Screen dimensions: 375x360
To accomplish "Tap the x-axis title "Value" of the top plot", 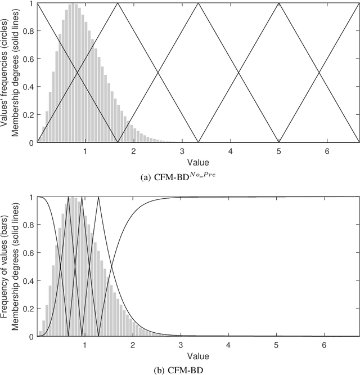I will click(x=199, y=162).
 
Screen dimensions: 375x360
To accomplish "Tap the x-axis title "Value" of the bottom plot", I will click(x=199, y=356).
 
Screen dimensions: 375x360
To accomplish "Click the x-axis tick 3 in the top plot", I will click(x=182, y=151).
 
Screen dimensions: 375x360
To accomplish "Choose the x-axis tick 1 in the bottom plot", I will click(x=85, y=346).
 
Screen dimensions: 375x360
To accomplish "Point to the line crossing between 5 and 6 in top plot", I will click(x=319, y=73).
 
